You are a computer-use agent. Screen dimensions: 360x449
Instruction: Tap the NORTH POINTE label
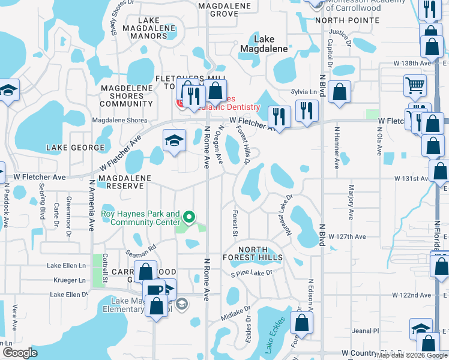coord(347,20)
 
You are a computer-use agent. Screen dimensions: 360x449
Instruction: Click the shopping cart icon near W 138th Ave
coord(415,85)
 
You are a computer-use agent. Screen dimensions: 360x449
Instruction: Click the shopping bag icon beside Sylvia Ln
coord(339,92)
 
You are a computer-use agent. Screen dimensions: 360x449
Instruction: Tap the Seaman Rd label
coord(144,246)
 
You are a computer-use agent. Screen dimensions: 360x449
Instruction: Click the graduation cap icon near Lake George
coord(174,142)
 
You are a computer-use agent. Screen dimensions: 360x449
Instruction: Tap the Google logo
coord(20,353)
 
